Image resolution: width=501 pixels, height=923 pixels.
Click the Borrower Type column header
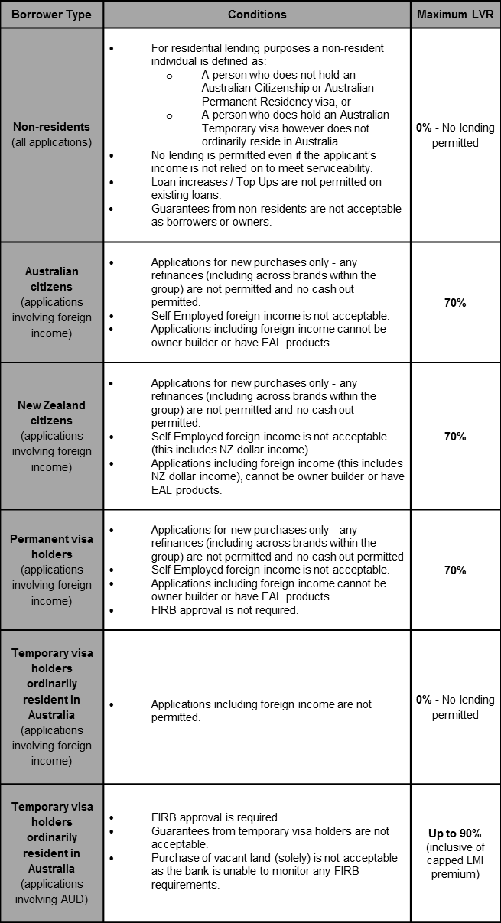tap(51, 15)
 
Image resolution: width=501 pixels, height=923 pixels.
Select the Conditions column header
tap(257, 15)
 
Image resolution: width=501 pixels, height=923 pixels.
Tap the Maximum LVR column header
tap(455, 15)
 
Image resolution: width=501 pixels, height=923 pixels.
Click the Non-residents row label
tap(51, 127)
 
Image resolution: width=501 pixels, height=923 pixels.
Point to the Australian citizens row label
tap(51, 279)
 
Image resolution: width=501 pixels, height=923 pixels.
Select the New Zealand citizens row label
tap(51, 413)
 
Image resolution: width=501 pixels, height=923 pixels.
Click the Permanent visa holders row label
tap(51, 547)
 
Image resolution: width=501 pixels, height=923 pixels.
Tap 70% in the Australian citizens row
tap(455, 303)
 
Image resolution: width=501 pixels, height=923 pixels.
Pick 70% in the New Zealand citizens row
tap(455, 437)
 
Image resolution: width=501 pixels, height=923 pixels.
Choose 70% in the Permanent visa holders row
tap(455, 570)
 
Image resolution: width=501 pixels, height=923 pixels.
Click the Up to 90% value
tap(455, 834)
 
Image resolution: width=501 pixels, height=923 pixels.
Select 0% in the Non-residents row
tap(424, 128)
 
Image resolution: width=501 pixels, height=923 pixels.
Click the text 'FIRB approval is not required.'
tap(225, 610)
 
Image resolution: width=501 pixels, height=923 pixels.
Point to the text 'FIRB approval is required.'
tap(216, 817)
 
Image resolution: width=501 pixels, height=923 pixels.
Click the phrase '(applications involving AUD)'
tap(51, 892)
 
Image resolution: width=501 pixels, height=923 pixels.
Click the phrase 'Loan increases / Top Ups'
tap(213, 182)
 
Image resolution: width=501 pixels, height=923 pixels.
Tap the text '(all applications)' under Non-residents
tap(51, 142)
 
